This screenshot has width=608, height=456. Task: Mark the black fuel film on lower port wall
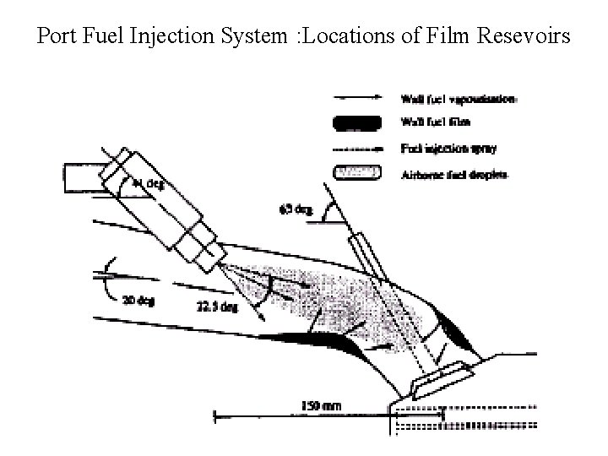[312, 340]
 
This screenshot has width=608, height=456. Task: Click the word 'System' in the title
[256, 37]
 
